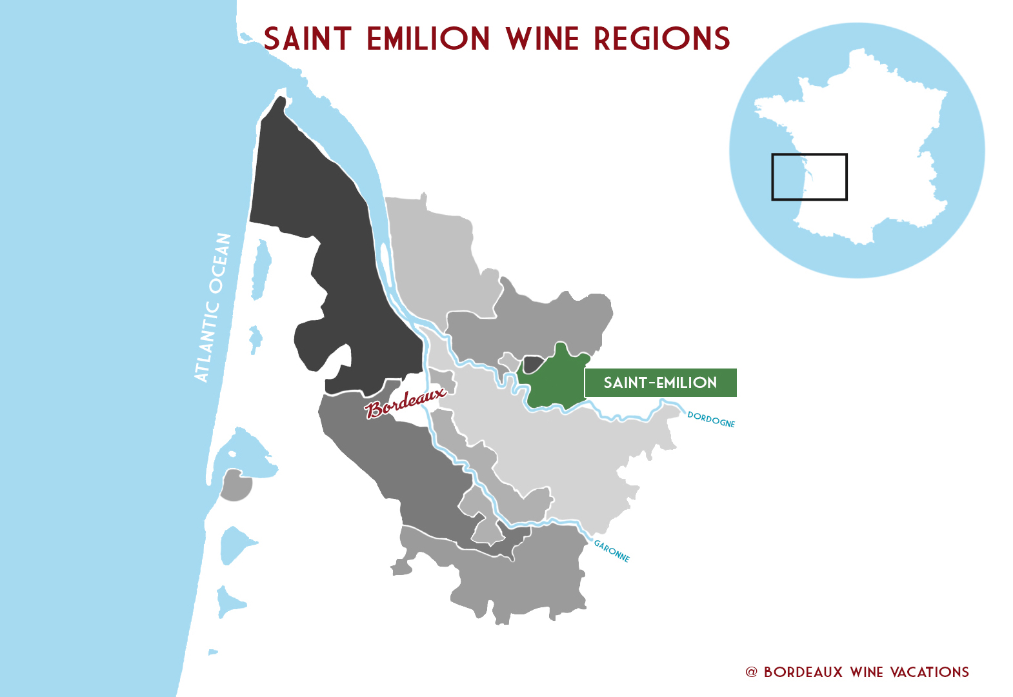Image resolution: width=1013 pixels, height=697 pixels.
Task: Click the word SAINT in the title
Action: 307,39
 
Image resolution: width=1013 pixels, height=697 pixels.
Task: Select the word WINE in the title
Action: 543,39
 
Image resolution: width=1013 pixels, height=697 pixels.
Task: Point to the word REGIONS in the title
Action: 662,39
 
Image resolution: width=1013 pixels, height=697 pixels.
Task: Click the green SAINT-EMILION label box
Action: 660,383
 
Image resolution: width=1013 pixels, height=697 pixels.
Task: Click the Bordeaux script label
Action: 405,402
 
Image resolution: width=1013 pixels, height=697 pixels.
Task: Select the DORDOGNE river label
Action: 711,419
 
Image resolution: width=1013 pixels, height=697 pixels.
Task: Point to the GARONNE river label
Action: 612,551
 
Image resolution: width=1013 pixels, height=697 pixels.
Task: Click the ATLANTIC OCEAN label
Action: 213,307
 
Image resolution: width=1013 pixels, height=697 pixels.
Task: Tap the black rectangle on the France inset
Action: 809,155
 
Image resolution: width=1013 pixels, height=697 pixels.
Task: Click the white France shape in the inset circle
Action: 865,142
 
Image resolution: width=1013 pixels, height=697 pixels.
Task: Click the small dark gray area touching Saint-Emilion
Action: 532,364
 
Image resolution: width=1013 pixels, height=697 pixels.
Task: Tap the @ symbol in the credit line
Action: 751,672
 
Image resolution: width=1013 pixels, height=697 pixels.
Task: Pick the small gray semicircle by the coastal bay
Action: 235,488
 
